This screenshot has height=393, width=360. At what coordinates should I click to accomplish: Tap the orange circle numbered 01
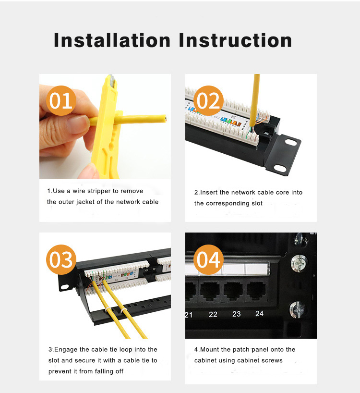61,101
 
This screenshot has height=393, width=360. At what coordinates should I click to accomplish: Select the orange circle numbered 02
208,101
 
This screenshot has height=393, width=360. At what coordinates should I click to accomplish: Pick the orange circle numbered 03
61,259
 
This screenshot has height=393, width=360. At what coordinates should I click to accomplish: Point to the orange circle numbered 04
208,259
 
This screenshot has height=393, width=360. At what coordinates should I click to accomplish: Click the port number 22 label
213,315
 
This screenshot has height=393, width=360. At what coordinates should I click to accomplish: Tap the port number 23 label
236,314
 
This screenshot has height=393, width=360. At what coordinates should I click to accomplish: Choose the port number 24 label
259,314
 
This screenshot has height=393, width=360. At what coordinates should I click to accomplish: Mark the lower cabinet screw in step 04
298,310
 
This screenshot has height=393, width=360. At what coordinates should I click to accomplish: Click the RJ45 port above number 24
256,290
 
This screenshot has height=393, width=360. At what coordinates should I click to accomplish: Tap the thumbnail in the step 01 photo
78,124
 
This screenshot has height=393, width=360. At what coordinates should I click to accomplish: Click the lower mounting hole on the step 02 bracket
280,169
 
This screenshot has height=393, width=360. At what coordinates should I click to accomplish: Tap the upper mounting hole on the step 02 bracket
291,142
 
